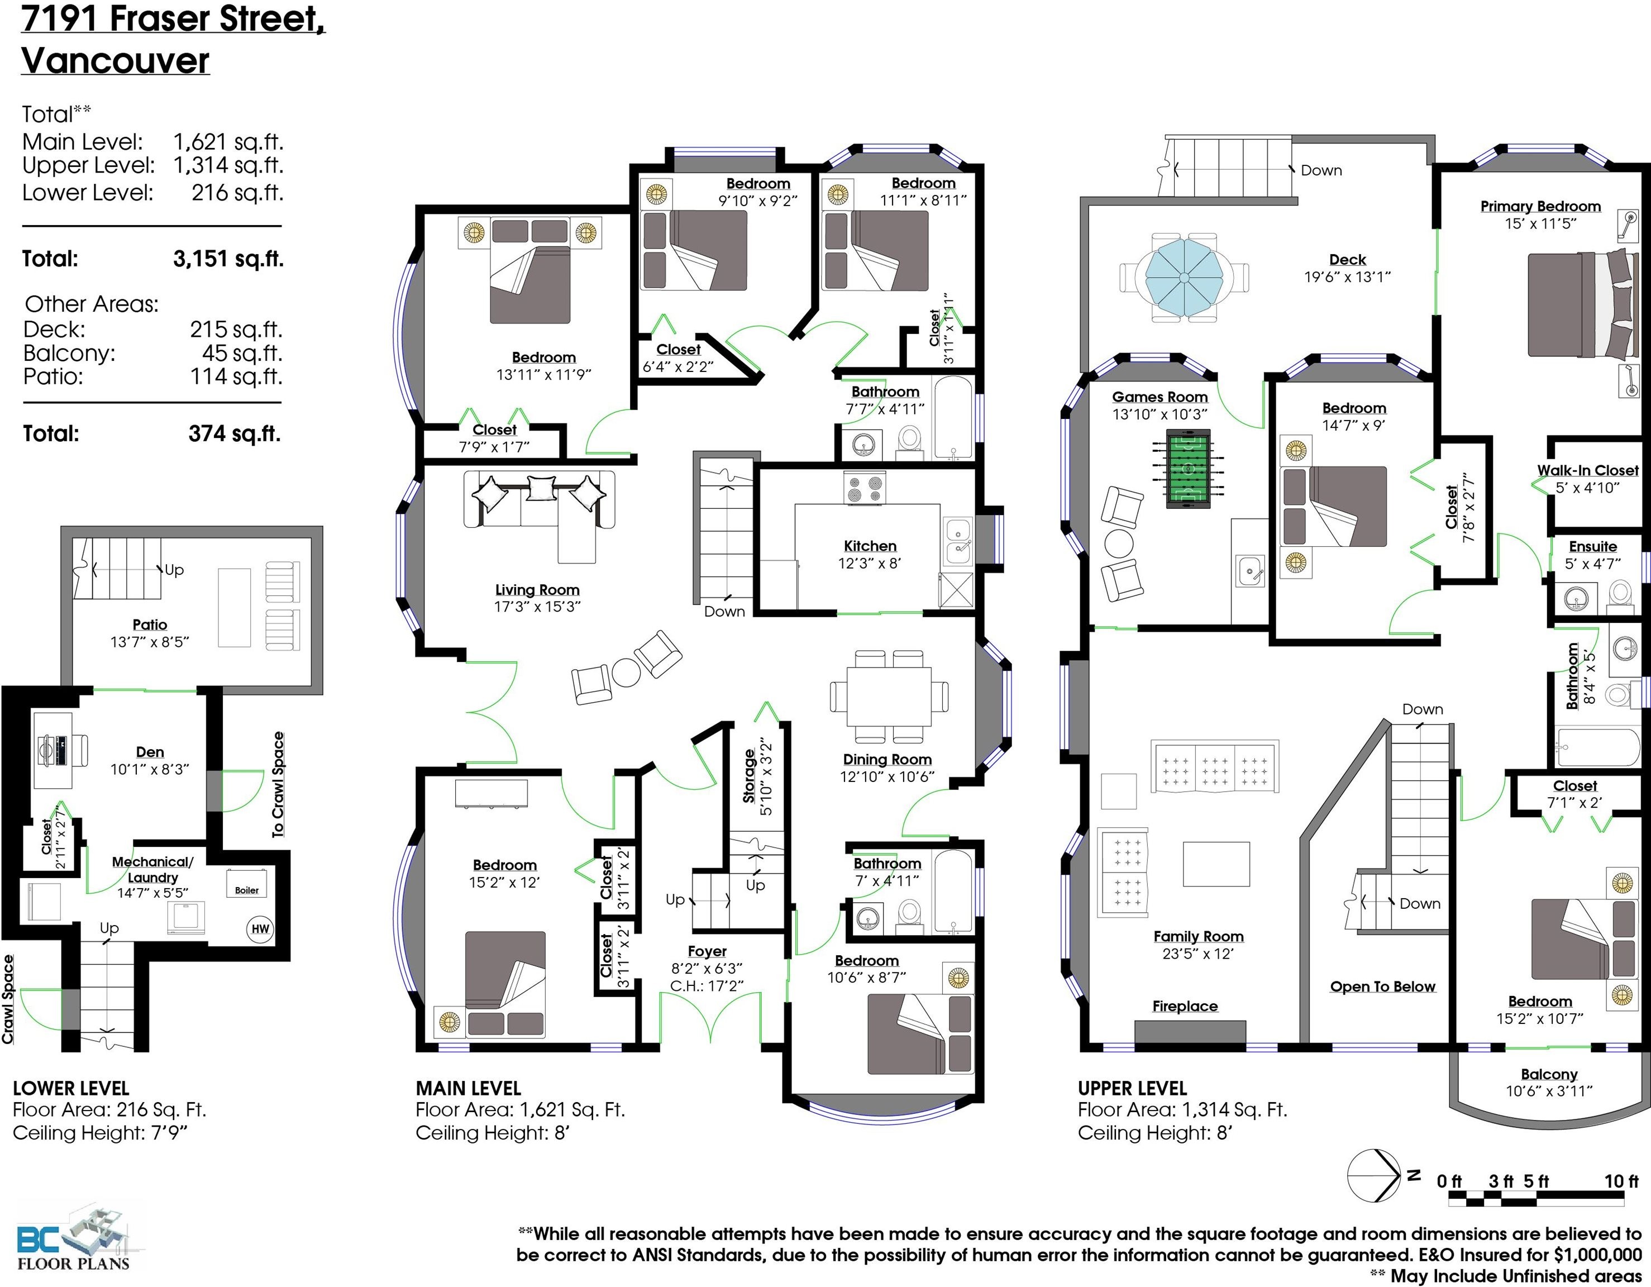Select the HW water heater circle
(260, 928)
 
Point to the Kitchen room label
(870, 546)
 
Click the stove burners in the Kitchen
(865, 488)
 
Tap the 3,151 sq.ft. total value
(228, 259)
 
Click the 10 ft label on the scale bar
(1621, 1181)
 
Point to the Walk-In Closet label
(1587, 470)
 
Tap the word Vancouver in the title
(115, 60)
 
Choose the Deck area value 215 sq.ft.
(235, 330)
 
